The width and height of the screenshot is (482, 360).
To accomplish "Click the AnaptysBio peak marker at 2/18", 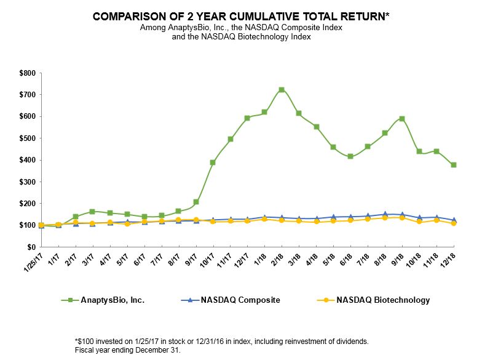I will click(282, 90).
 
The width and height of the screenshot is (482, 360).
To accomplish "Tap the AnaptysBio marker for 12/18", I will click(454, 165).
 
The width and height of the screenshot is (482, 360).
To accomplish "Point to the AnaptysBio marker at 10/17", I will click(213, 162).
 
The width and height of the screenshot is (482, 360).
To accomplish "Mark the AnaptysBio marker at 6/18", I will click(350, 156).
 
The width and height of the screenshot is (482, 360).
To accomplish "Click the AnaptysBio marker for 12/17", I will click(247, 118).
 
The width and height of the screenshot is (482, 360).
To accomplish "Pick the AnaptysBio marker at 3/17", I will click(92, 212).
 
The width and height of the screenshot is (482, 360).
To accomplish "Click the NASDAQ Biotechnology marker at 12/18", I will click(454, 223).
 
